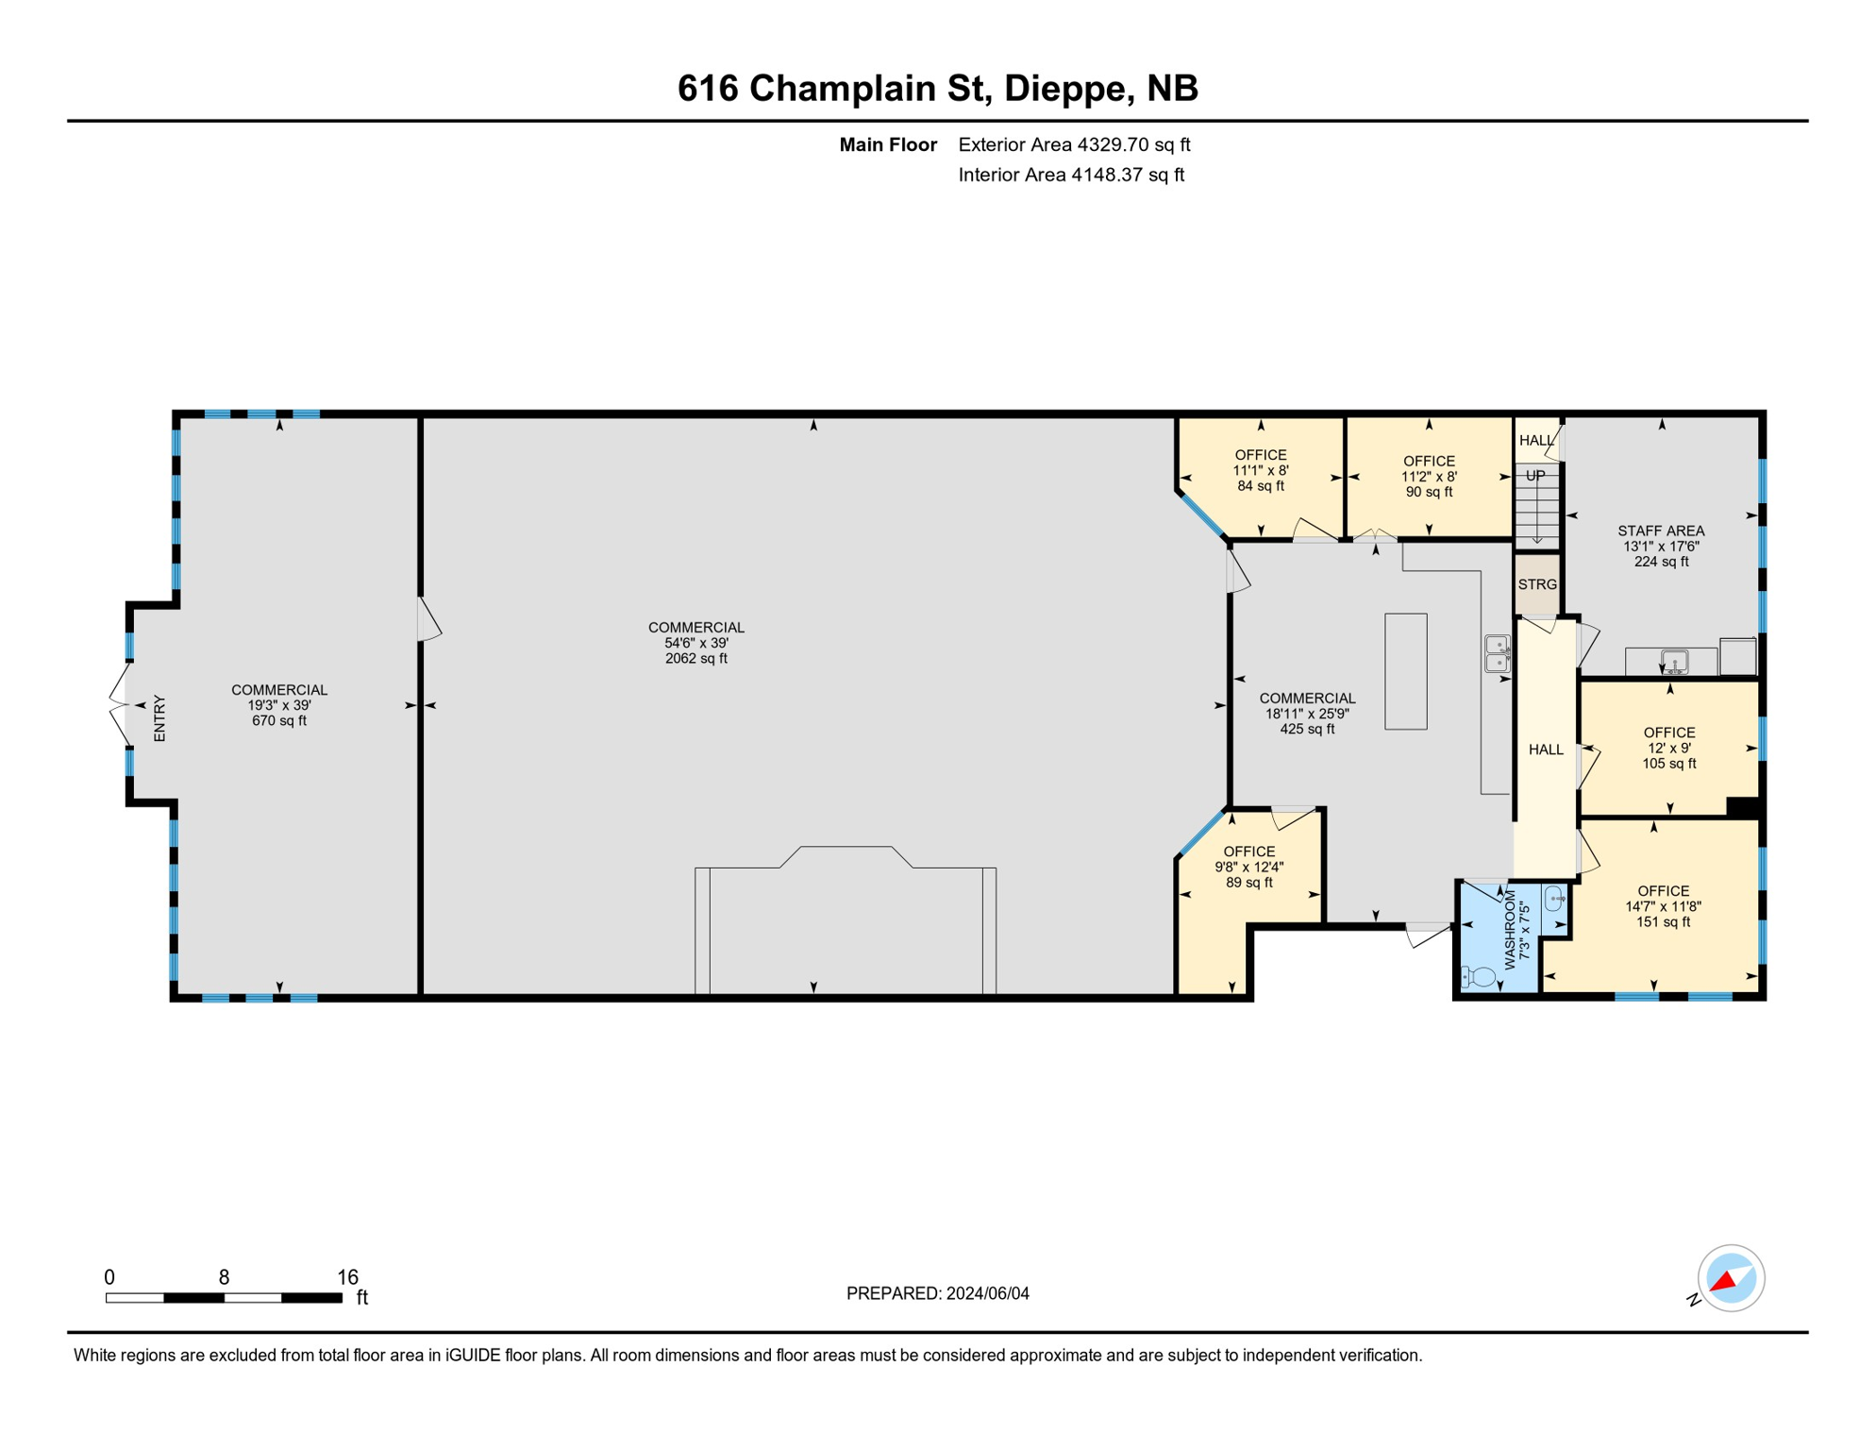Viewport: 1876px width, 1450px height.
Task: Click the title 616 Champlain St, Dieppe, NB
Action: (x=937, y=88)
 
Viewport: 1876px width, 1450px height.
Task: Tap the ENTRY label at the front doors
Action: (x=159, y=718)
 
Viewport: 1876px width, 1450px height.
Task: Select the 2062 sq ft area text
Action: (x=695, y=659)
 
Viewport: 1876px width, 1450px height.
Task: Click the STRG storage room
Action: (x=1537, y=584)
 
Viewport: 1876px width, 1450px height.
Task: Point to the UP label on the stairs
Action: (x=1536, y=476)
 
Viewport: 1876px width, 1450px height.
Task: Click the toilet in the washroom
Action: (x=1479, y=977)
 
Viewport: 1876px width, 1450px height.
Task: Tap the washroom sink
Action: (x=1554, y=898)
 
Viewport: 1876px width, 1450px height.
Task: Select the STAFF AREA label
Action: (x=1661, y=531)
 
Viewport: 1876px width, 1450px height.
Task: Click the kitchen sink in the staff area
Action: (x=1674, y=662)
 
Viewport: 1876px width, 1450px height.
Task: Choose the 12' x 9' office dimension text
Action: (x=1668, y=748)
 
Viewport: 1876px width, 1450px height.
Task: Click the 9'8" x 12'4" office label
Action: (x=1248, y=867)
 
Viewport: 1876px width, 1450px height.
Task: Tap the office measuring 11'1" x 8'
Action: (x=1260, y=470)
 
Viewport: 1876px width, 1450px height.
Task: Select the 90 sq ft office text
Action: (x=1429, y=492)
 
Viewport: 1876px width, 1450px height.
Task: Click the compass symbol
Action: (x=1731, y=1278)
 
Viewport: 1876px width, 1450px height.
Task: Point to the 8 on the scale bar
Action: (x=224, y=1277)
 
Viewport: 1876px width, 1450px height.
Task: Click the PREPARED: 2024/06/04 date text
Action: (x=937, y=1293)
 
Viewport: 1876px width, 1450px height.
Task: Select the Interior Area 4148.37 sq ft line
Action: (x=1070, y=175)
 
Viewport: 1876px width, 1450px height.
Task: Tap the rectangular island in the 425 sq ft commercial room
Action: (x=1405, y=671)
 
